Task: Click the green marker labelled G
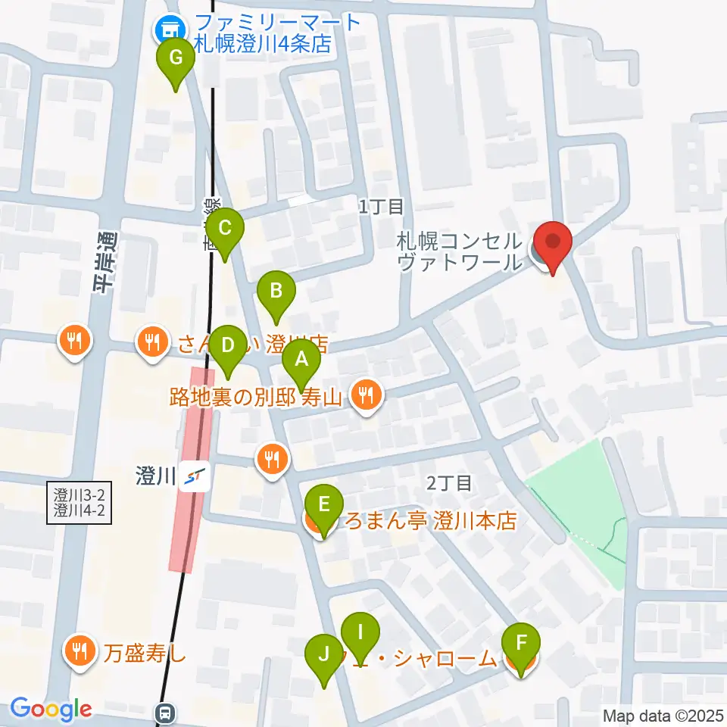pos(175,58)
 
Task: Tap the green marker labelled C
pos(225,227)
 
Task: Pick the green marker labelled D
pos(226,346)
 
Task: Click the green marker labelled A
pos(301,360)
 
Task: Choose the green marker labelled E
pos(323,504)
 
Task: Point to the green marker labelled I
pos(360,632)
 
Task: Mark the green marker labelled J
pos(324,653)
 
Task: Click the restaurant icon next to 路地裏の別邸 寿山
pos(366,394)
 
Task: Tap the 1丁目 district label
pos(382,205)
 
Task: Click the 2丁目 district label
pos(449,482)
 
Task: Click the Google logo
pos(51,709)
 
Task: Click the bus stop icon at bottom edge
pos(165,713)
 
